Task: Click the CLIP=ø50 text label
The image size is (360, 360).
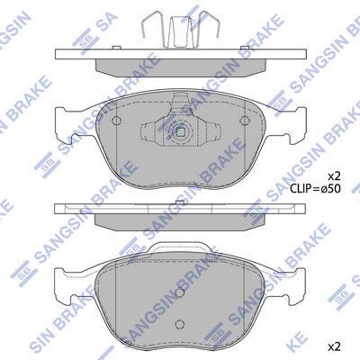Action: click(315, 189)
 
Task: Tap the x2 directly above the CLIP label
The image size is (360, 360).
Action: click(334, 175)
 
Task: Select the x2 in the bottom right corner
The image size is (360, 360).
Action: click(334, 347)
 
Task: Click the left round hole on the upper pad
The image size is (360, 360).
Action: click(116, 121)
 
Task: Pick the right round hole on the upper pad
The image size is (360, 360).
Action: click(245, 121)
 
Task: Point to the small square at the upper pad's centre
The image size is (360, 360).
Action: click(180, 131)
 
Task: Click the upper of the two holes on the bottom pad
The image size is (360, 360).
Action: click(179, 292)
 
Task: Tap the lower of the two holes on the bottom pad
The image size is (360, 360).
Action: click(179, 324)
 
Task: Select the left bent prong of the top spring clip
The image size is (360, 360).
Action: click(151, 24)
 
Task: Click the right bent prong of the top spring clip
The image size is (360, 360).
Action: click(210, 24)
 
